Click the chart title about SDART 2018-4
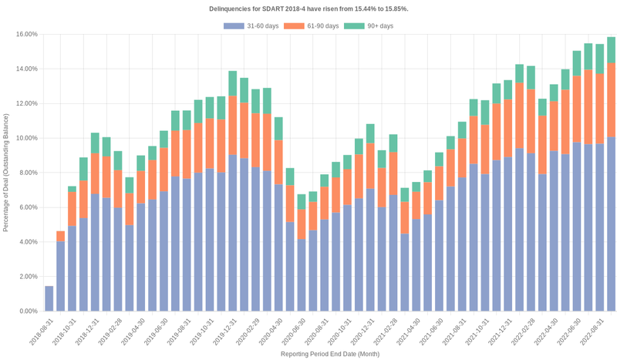tap(308, 8)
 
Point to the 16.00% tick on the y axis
tap(26, 35)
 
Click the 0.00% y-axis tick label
tap(28, 311)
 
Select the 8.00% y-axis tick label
tap(28, 173)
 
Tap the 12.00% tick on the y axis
tap(26, 104)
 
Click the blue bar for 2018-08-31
tap(49, 299)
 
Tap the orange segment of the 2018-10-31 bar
tap(72, 209)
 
